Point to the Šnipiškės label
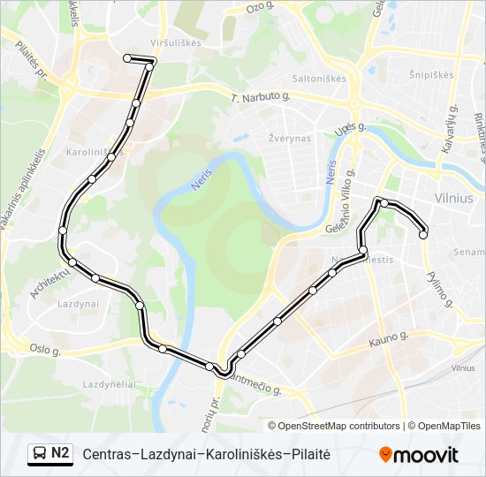pyautogui.click(x=431, y=74)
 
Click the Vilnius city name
pyautogui.click(x=454, y=199)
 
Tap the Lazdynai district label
pyautogui.click(x=77, y=303)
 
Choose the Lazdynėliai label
pyautogui.click(x=109, y=384)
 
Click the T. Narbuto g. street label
pyautogui.click(x=261, y=98)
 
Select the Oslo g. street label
pyautogui.click(x=43, y=350)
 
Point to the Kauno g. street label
pyautogui.click(x=389, y=337)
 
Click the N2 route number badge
pyautogui.click(x=61, y=453)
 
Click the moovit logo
pyautogui.click(x=419, y=454)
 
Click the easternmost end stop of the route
pyautogui.click(x=423, y=234)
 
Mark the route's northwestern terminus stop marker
pyautogui.click(x=127, y=58)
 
